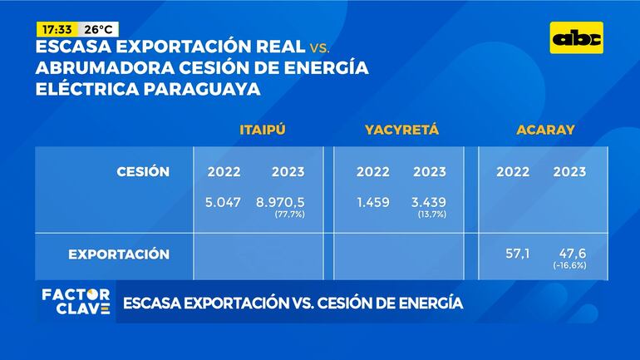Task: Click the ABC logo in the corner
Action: click(578, 38)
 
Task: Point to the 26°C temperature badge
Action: click(99, 29)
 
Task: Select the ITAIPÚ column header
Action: click(263, 130)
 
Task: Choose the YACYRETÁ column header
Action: click(401, 130)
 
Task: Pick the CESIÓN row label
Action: click(143, 172)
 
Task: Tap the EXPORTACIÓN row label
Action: click(119, 254)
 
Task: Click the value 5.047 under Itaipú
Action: click(223, 202)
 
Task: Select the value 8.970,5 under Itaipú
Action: click(280, 202)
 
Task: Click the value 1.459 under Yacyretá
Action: click(372, 202)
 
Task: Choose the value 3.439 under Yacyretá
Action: click(429, 202)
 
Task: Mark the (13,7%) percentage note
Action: click(431, 215)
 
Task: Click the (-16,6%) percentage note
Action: click(570, 264)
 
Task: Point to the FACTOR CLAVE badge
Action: click(76, 301)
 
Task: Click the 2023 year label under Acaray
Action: click(569, 172)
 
